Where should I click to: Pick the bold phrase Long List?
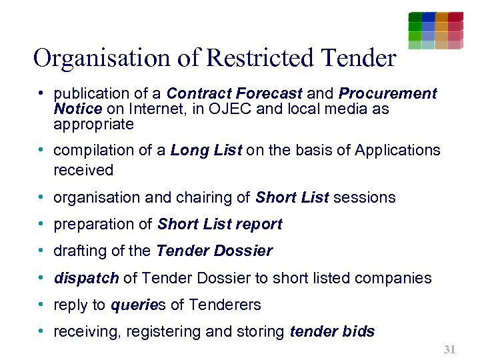(206, 150)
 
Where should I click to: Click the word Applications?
(397, 150)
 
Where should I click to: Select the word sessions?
(364, 197)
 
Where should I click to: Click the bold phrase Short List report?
(220, 224)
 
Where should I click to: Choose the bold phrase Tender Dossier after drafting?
(214, 251)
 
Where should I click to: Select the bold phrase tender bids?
(333, 331)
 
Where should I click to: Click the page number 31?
(449, 349)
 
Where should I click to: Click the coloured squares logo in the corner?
(435, 30)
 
